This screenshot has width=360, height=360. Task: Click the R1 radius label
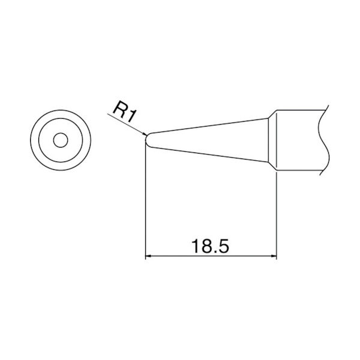pos(125,111)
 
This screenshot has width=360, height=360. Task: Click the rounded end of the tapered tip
pos(147,139)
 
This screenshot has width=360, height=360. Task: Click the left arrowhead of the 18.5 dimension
pos(150,257)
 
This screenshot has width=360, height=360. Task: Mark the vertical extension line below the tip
pos(146,204)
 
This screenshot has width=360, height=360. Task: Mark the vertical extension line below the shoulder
pos(277,216)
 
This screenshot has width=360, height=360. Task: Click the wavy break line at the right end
pos(325,141)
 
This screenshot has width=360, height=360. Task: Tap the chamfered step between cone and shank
pos(272,141)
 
